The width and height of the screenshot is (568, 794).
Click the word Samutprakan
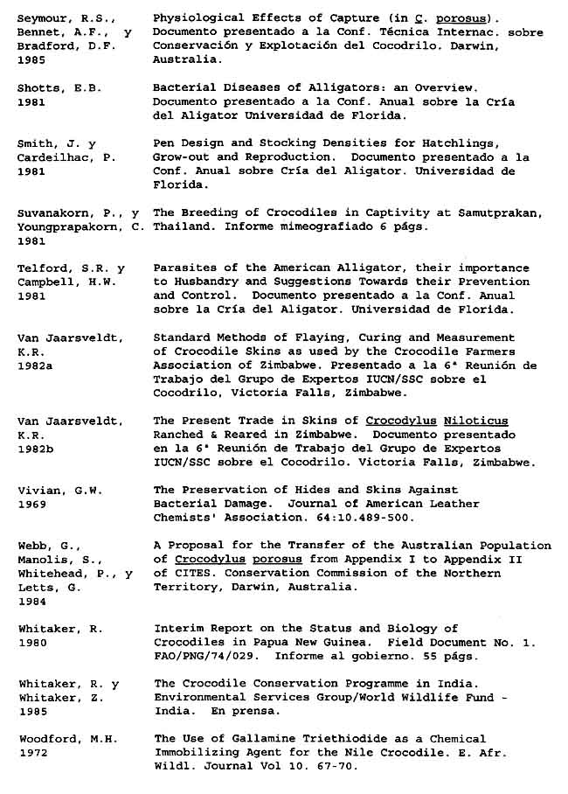[x=504, y=212]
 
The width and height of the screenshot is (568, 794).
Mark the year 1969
[x=32, y=504]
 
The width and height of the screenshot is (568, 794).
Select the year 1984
[x=32, y=601]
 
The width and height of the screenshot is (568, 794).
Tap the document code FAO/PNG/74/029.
[x=204, y=656]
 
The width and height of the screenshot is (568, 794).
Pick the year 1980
[x=32, y=642]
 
